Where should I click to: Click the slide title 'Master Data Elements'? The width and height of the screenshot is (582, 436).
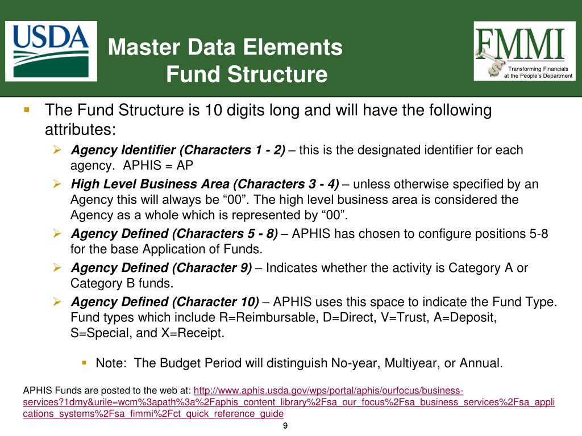225,47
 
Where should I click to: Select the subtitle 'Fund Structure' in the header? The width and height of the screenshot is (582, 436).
247,74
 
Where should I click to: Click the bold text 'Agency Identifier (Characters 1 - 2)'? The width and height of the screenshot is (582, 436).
178,150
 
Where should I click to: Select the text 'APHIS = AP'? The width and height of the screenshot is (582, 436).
163,165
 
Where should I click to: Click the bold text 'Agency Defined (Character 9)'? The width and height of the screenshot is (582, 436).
161,268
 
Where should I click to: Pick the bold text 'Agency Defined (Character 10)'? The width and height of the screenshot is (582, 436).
165,301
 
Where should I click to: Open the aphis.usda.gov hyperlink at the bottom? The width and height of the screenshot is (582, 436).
329,391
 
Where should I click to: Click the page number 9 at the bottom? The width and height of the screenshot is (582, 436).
285,426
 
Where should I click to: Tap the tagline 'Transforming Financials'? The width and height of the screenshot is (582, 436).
538,69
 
